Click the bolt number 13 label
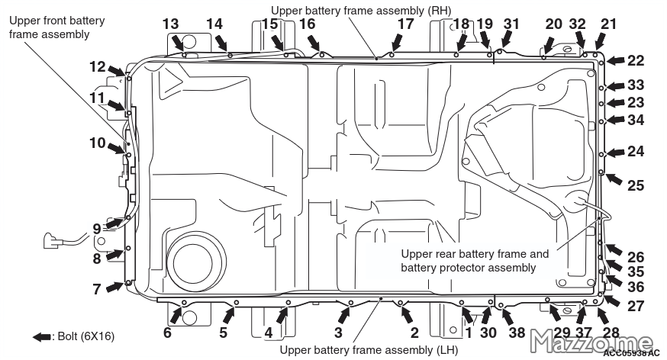[171, 24]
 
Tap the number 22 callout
[636, 60]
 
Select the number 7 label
[97, 289]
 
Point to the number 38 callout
[517, 333]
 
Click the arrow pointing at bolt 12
[116, 71]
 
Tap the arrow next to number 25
[614, 178]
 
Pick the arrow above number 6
[176, 315]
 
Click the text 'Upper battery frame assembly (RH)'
[361, 10]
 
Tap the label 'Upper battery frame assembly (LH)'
[369, 350]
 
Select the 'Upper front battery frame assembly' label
[56, 27]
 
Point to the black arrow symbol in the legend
[42, 337]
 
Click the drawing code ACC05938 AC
[631, 352]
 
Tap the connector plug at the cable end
[50, 239]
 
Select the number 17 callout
[405, 24]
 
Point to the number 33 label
[636, 85]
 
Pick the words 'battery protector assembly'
[469, 268]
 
